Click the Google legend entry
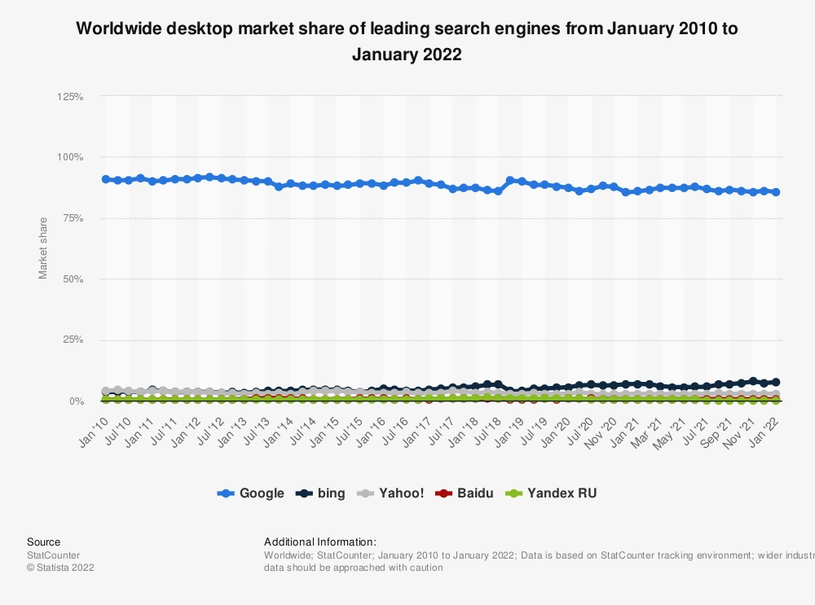pyautogui.click(x=251, y=493)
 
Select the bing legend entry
pyautogui.click(x=321, y=493)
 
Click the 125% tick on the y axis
pyautogui.click(x=70, y=96)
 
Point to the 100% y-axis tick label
pyautogui.click(x=70, y=157)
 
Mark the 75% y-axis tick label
pyautogui.click(x=73, y=218)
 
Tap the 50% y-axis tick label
pyautogui.click(x=73, y=279)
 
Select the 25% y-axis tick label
pyautogui.click(x=73, y=340)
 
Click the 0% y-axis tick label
pyautogui.click(x=76, y=401)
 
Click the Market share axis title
pyautogui.click(x=43, y=248)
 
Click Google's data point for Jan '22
pyautogui.click(x=776, y=192)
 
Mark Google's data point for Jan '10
pyautogui.click(x=106, y=179)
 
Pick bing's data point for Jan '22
pyautogui.click(x=776, y=382)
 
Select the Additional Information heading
pyautogui.click(x=320, y=541)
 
